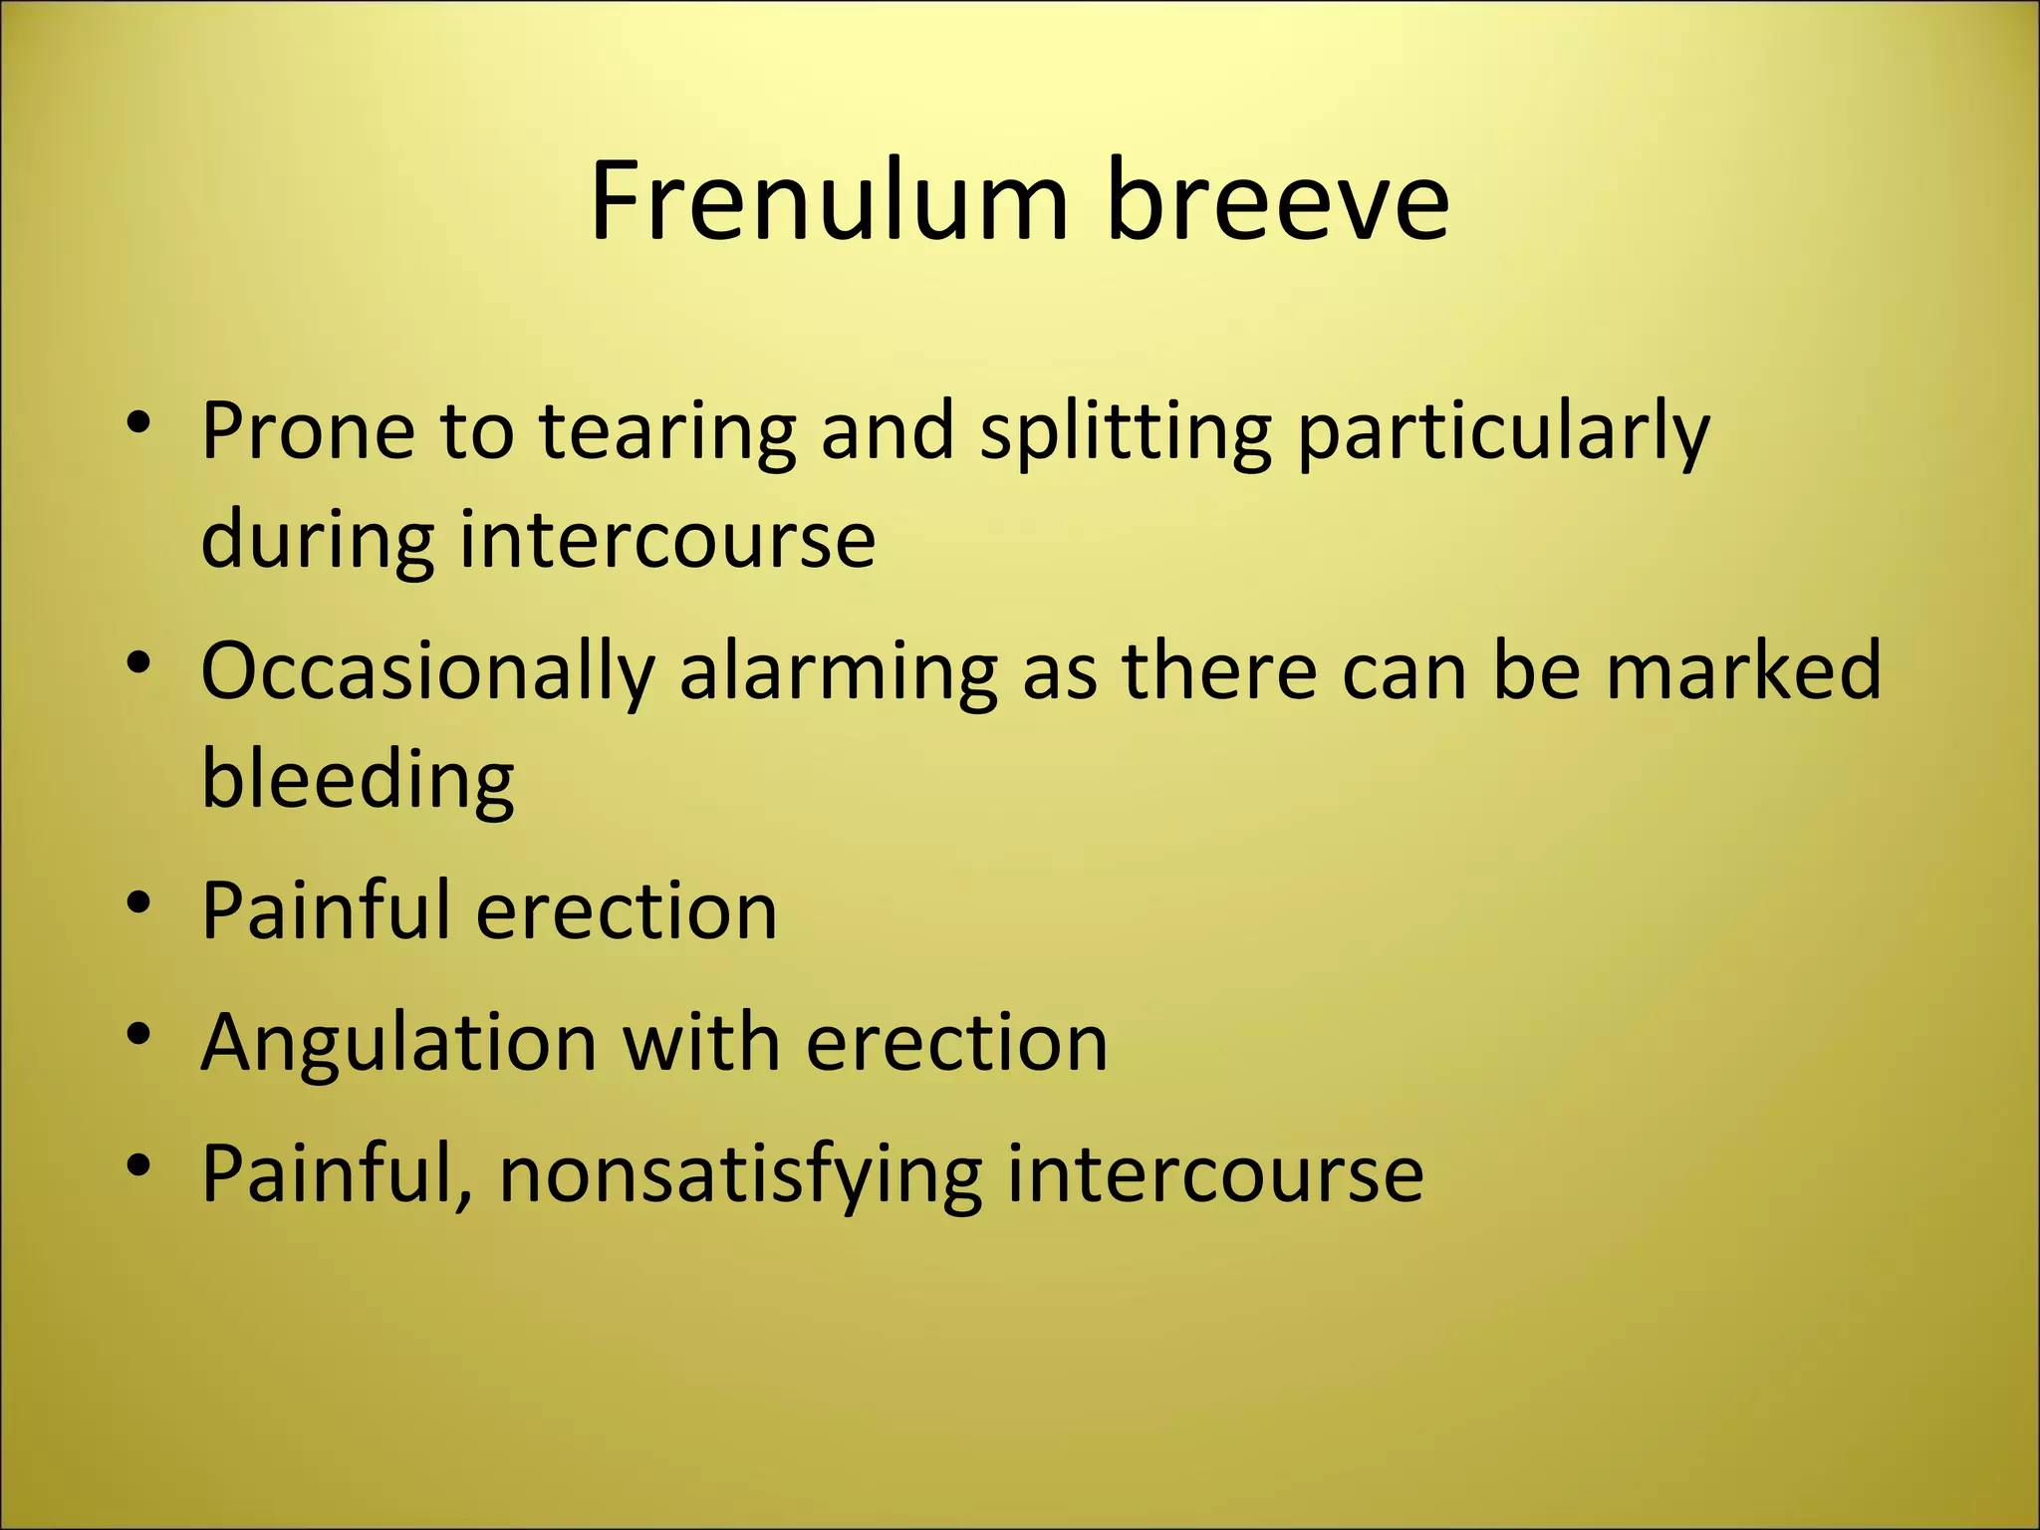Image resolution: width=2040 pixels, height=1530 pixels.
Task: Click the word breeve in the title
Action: [1277, 201]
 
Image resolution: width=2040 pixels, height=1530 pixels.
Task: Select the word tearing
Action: [667, 434]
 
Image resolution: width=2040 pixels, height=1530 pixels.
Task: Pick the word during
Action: [317, 540]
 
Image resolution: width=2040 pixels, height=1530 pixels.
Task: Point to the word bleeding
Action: [358, 781]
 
